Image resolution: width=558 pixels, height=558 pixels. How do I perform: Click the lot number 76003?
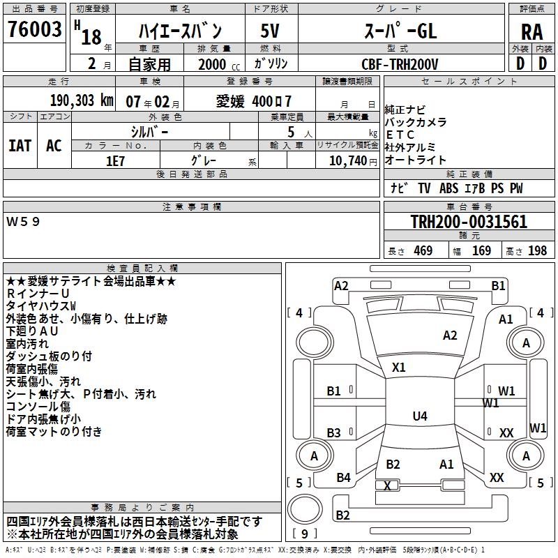(x=34, y=30)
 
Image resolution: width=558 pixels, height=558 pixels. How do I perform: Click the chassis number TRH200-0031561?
(x=469, y=222)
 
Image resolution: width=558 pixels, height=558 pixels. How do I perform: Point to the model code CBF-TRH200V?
(x=400, y=63)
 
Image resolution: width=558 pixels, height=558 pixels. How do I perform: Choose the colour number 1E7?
(x=115, y=160)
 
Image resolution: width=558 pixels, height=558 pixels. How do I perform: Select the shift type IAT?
(x=20, y=145)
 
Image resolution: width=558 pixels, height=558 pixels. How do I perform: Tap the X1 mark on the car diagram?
(x=399, y=367)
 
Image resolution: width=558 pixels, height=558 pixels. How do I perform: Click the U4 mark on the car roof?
(x=419, y=416)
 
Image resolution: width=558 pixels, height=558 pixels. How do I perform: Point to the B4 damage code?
(x=343, y=478)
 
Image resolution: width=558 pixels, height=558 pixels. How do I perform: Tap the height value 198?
(x=538, y=250)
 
